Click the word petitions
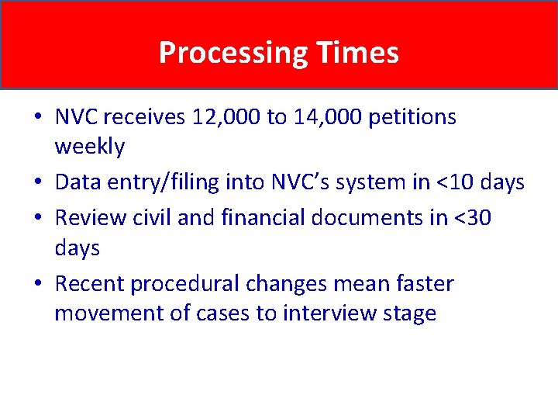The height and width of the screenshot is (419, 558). click(x=412, y=118)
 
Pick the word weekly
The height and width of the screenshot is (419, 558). click(x=90, y=146)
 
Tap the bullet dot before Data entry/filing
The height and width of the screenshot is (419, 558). click(x=39, y=183)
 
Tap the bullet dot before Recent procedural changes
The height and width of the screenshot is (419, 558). click(x=39, y=284)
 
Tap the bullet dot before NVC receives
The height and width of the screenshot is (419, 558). click(x=39, y=117)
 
